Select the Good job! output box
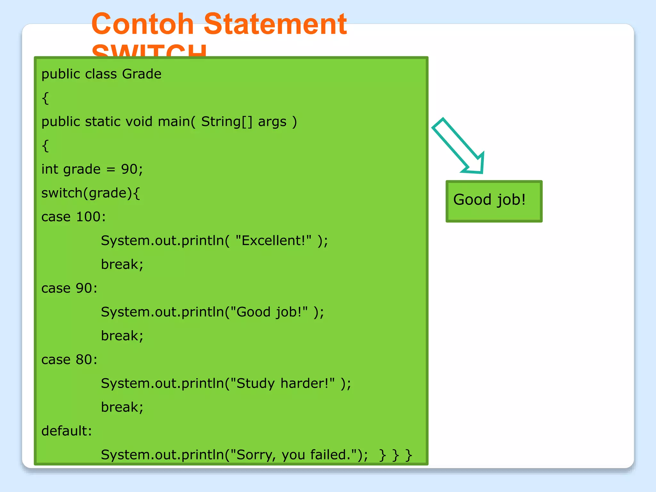(494, 201)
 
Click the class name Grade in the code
(142, 74)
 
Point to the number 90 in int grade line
(129, 169)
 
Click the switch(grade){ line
(91, 193)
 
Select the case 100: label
(73, 217)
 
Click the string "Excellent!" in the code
(273, 240)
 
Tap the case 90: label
(69, 288)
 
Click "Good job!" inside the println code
(269, 312)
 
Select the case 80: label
(69, 359)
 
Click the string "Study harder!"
(282, 383)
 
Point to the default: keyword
(67, 431)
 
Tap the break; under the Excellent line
(122, 264)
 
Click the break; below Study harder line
(122, 407)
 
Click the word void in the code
(139, 122)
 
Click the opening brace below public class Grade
(45, 98)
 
